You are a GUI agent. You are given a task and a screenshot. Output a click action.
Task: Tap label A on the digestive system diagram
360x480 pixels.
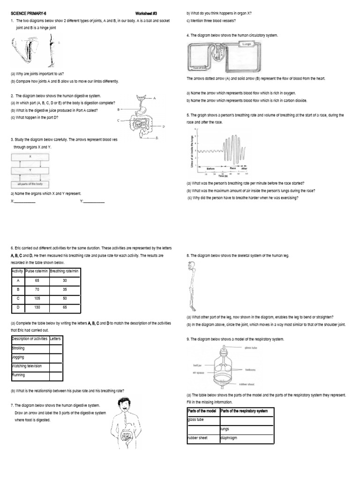click(154, 98)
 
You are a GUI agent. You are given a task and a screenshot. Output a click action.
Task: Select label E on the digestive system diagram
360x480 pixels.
click(157, 138)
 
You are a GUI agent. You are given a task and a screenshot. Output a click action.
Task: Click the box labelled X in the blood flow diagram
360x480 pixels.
click(30, 156)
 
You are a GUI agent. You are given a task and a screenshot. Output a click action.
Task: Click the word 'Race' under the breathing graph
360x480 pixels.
click(232, 168)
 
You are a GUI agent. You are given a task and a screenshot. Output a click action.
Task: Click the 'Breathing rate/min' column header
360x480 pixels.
click(64, 271)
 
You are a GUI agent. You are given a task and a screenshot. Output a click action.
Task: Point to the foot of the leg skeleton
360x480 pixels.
click(194, 309)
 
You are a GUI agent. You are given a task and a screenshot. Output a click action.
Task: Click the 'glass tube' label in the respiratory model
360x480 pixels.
click(251, 348)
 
